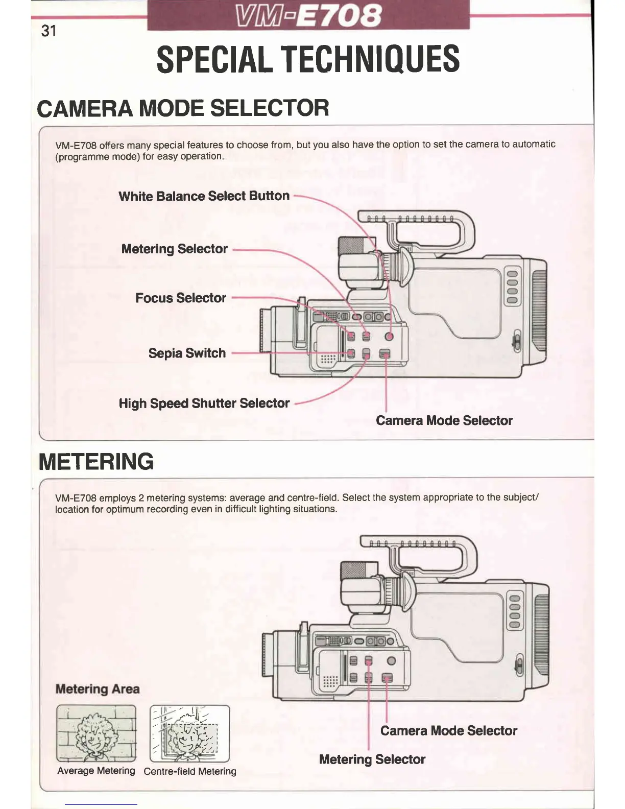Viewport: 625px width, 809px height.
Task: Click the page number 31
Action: coord(49,31)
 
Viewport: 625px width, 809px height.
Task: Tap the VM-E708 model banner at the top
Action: coord(308,15)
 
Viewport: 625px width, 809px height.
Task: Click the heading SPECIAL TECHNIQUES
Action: coord(308,59)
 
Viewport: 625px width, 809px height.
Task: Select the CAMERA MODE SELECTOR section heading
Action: coord(183,108)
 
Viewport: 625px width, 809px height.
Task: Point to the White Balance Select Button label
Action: coord(204,196)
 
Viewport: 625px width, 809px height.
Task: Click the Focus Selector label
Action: coord(180,298)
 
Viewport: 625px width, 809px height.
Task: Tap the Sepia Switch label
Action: coord(187,353)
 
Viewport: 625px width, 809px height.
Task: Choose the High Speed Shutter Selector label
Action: coord(204,403)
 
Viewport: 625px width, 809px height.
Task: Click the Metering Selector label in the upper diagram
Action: coord(174,249)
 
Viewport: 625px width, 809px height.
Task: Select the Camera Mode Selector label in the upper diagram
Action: coord(444,420)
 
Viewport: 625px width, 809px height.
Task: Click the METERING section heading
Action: coord(96,461)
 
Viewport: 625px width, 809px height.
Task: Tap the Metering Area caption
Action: coord(97,689)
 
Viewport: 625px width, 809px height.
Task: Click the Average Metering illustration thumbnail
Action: coord(96,733)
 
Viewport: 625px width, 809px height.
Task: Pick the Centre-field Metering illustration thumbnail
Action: coord(189,733)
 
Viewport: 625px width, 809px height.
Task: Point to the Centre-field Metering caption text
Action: coord(190,771)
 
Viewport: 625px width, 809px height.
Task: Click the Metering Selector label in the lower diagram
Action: coord(372,759)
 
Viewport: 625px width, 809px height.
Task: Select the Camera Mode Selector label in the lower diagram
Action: coord(448,731)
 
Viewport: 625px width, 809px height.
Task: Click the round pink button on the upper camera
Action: coord(389,336)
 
